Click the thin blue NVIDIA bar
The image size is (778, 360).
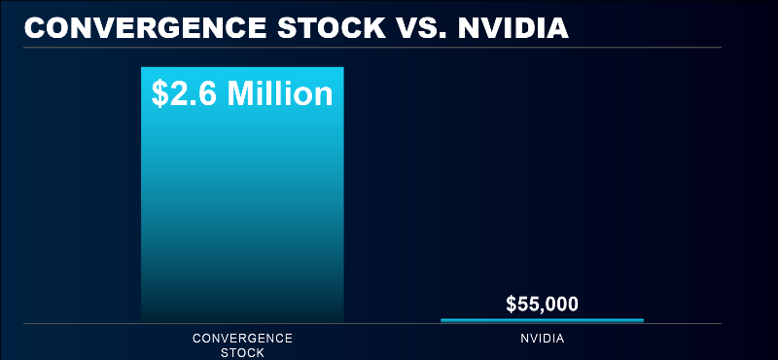542,319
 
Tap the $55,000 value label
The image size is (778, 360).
542,304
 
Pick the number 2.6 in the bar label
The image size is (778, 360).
195,94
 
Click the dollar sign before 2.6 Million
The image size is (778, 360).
161,94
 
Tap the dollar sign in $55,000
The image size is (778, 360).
512,304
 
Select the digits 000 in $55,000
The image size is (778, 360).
562,304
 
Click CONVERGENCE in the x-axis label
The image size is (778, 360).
242,339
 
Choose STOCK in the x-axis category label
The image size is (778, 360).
242,351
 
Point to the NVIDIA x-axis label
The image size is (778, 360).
542,339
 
